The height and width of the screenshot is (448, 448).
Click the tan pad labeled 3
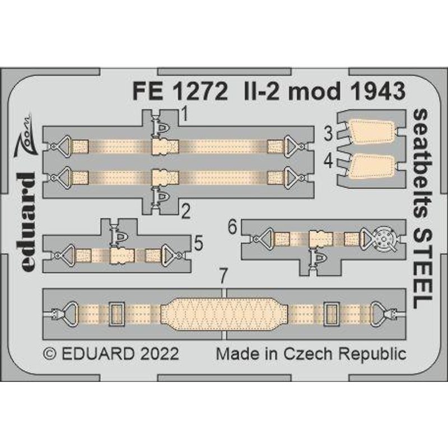(x=369, y=133)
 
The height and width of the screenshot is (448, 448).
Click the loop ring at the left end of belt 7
(x=71, y=310)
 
